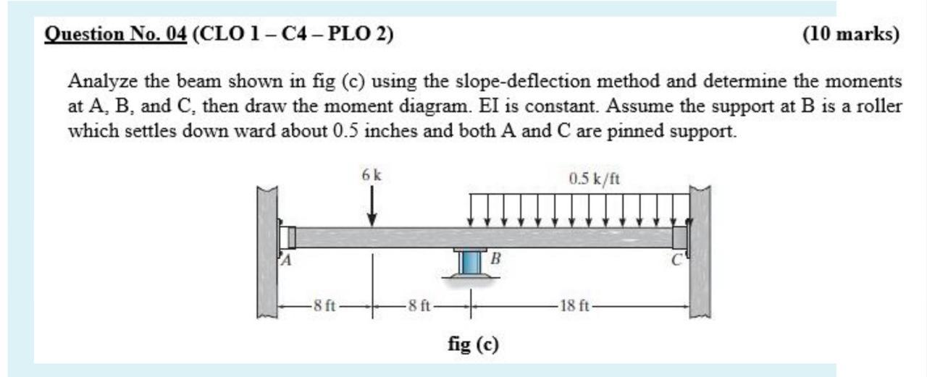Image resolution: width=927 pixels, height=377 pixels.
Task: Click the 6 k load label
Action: [372, 175]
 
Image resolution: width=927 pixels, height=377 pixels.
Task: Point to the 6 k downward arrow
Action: [372, 206]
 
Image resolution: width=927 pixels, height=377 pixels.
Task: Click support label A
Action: [285, 261]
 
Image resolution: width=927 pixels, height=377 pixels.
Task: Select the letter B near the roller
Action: [495, 258]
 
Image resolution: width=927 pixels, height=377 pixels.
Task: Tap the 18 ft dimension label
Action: [576, 305]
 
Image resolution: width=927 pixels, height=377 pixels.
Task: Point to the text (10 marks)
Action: [851, 34]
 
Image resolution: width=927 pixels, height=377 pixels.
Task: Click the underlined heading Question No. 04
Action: [116, 34]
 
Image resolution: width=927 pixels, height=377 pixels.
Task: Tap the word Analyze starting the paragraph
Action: [96, 80]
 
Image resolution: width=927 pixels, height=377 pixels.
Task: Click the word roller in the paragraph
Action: [880, 106]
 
